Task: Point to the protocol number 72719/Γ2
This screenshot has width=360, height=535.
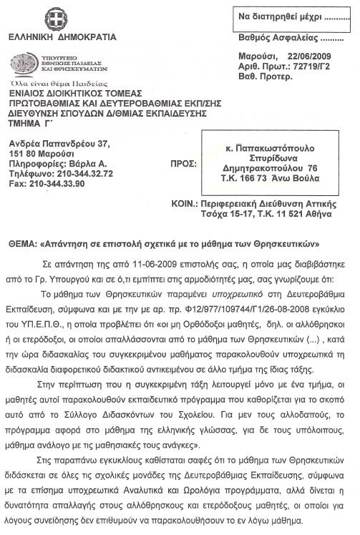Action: (321, 66)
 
